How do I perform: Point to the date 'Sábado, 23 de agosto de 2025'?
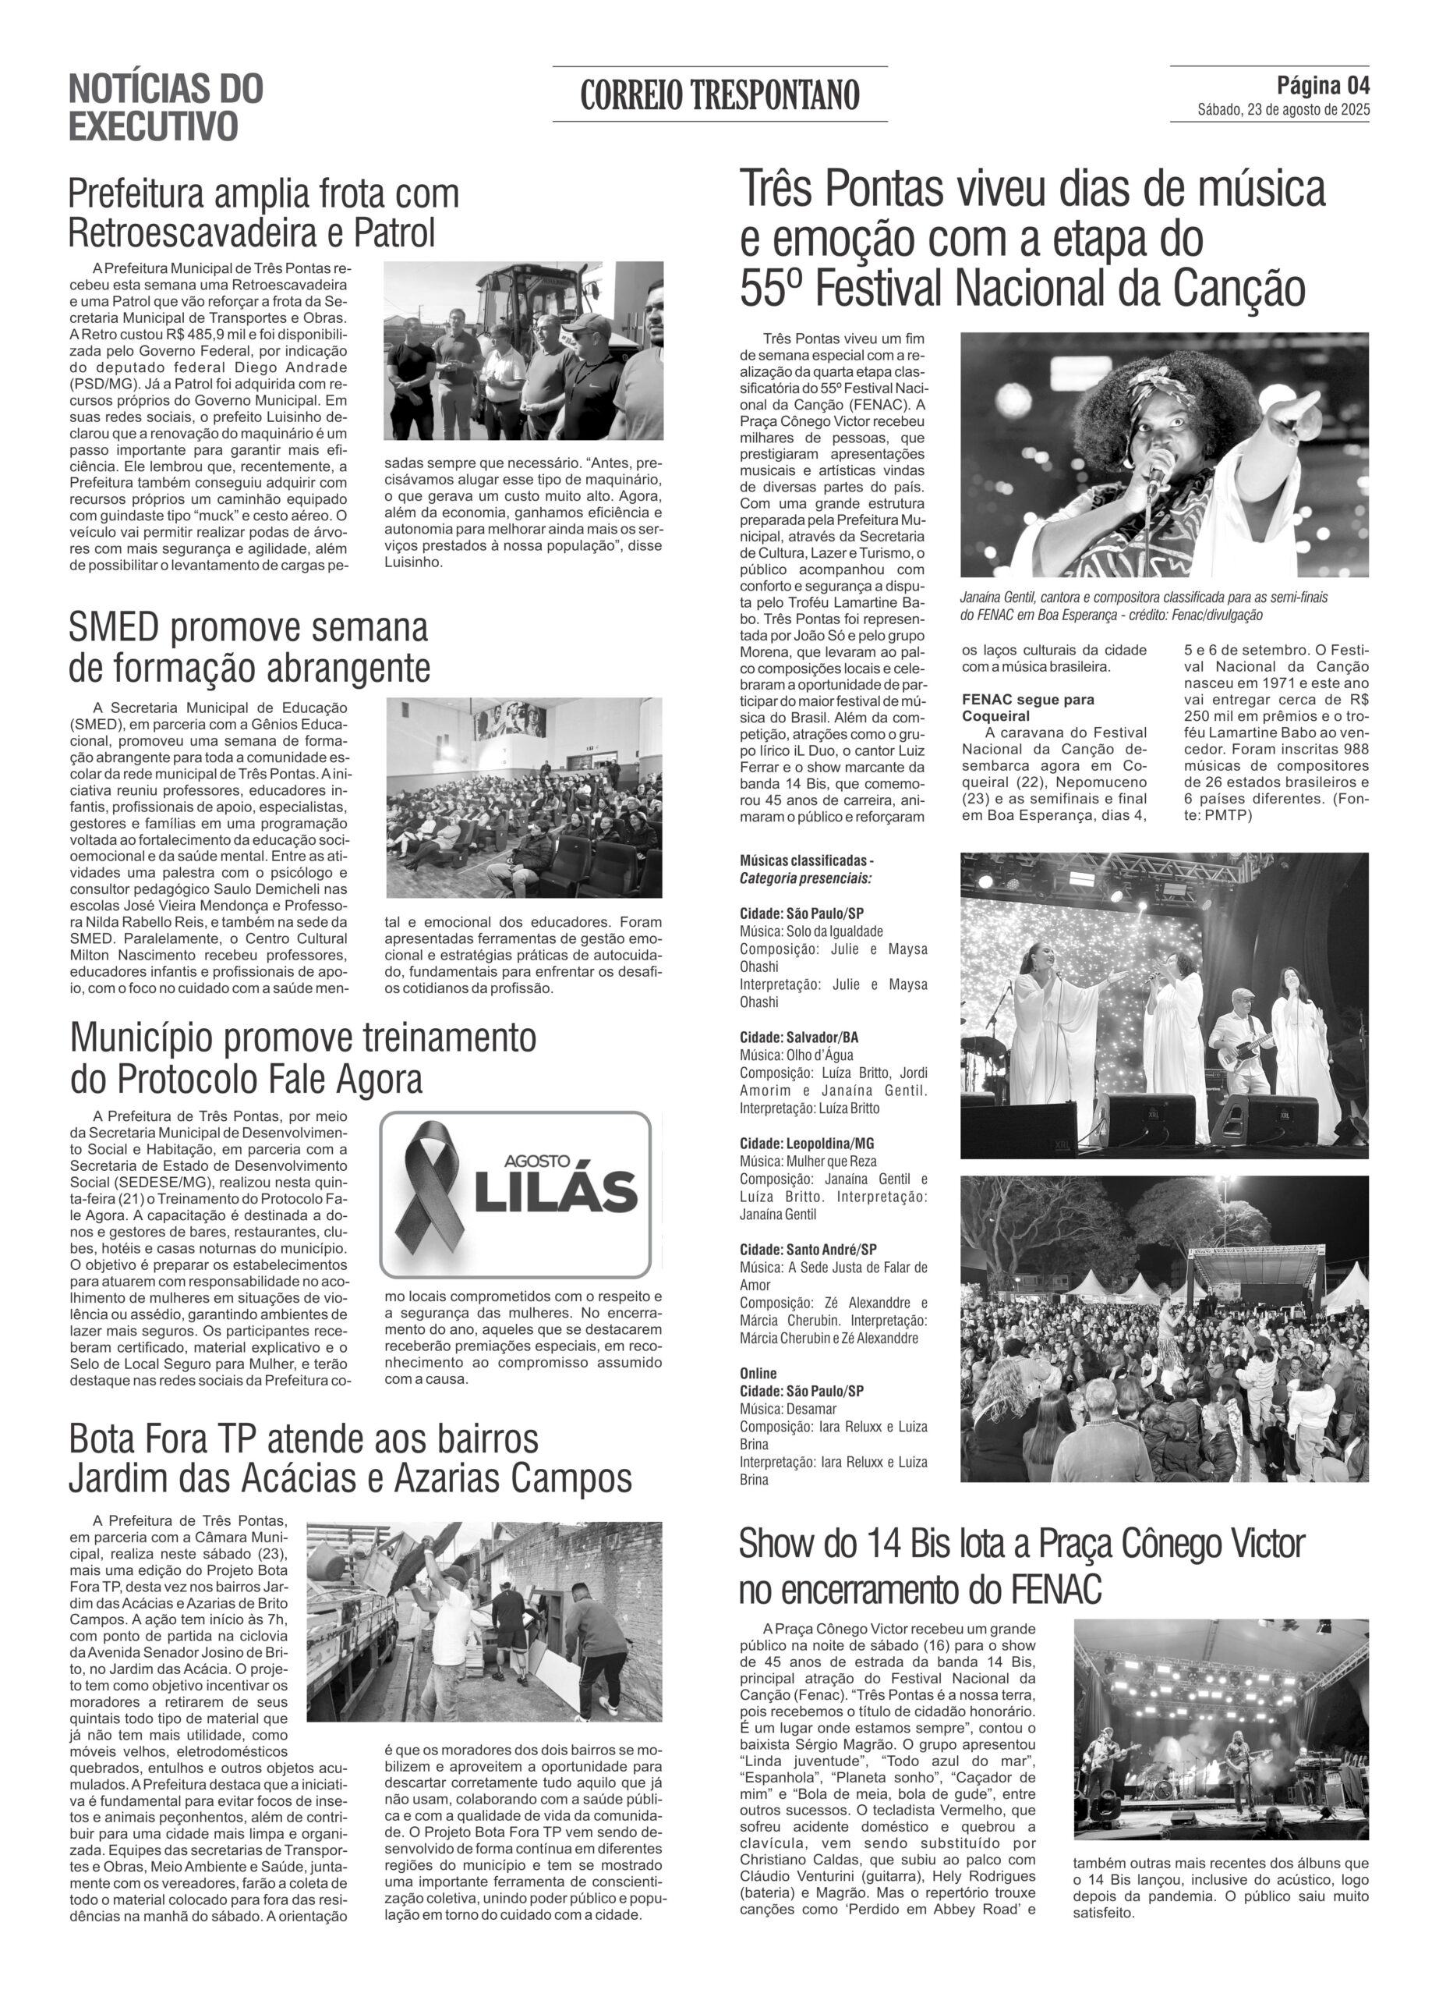(x=1282, y=110)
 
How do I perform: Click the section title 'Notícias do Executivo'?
(x=165, y=108)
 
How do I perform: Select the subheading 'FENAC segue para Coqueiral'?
(x=1028, y=707)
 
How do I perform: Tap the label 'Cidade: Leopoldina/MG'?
(x=806, y=1143)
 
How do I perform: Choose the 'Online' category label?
(x=758, y=1373)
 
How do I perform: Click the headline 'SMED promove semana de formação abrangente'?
(x=249, y=647)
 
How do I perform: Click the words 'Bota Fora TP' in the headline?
(x=162, y=1440)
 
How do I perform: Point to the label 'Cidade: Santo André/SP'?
(x=808, y=1250)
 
